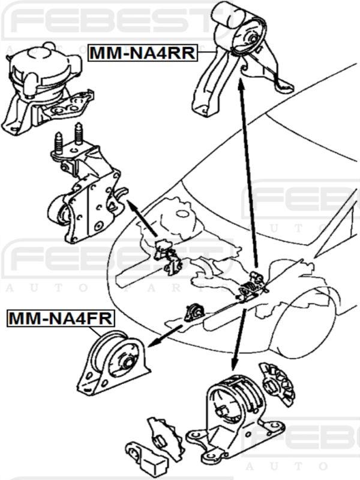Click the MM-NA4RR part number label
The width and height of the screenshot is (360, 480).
coord(143,53)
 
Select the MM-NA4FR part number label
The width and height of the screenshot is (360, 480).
coord(60,319)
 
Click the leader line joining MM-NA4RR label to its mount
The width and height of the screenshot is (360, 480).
coord(207,53)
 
